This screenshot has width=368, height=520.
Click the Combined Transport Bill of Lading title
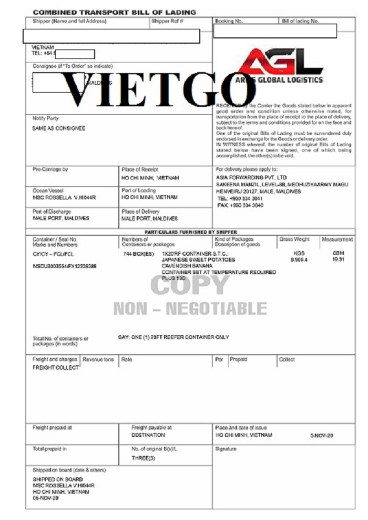114,12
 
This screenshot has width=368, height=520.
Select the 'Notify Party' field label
46,118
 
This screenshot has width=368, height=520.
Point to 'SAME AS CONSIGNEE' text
59,128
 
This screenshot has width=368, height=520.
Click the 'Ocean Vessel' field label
48,190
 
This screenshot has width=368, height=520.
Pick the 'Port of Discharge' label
52,211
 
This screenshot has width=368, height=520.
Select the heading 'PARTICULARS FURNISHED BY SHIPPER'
191,232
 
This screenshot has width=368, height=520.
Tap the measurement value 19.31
338,259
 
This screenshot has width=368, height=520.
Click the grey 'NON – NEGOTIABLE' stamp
190,308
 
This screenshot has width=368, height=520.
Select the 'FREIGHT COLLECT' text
56,368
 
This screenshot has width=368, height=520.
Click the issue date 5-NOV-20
322,436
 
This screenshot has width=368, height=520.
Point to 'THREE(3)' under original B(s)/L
144,458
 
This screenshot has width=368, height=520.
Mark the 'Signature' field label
226,449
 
